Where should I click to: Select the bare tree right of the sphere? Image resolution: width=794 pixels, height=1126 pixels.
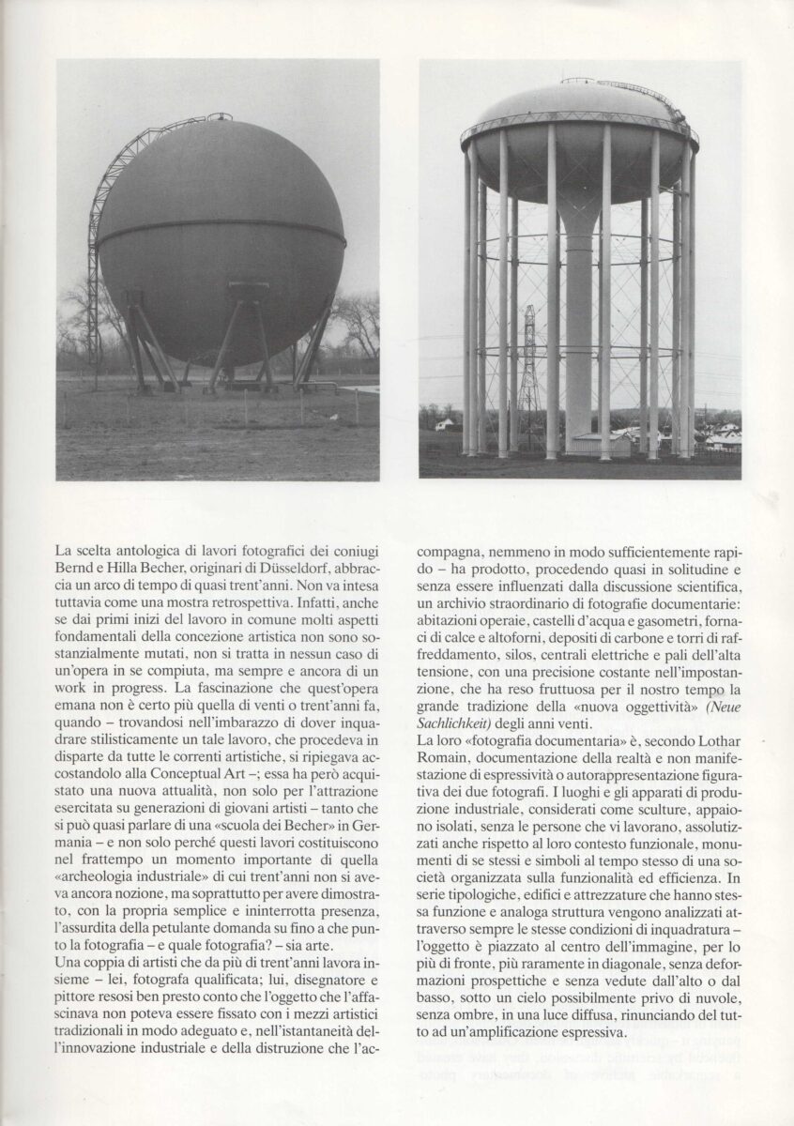coord(359,324)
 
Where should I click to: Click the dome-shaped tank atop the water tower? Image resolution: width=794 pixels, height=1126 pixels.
coord(579,131)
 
